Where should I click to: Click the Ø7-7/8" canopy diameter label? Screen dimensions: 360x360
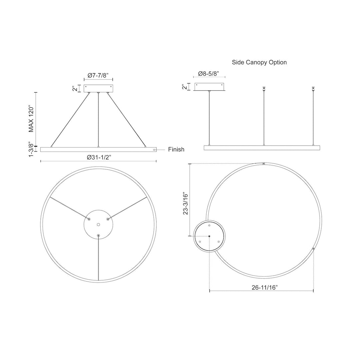pyautogui.click(x=98, y=76)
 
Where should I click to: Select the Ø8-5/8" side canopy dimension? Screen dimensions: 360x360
pyautogui.click(x=209, y=73)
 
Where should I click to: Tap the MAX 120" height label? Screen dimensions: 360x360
pyautogui.click(x=31, y=119)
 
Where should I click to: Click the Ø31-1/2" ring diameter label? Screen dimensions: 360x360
pyautogui.click(x=98, y=158)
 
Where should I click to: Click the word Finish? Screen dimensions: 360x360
pyautogui.click(x=176, y=150)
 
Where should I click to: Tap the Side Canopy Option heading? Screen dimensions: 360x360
pyautogui.click(x=259, y=62)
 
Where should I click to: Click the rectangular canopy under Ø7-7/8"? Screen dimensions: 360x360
pyautogui.click(x=98, y=88)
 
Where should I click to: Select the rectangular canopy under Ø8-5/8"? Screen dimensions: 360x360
pyautogui.click(x=210, y=86)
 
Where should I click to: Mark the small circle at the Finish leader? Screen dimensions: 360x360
pyautogui.click(x=154, y=150)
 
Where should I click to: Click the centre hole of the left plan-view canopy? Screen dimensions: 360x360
pyautogui.click(x=98, y=225)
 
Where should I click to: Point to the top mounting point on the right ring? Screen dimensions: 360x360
pyautogui.click(x=264, y=164)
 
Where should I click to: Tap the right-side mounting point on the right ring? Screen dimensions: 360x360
pyautogui.click(x=313, y=249)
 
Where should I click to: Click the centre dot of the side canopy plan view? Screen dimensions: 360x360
pyautogui.click(x=209, y=236)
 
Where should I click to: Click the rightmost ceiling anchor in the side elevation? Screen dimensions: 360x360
pyautogui.click(x=313, y=89)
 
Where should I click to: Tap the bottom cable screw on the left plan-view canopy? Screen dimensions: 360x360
pyautogui.click(x=98, y=235)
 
